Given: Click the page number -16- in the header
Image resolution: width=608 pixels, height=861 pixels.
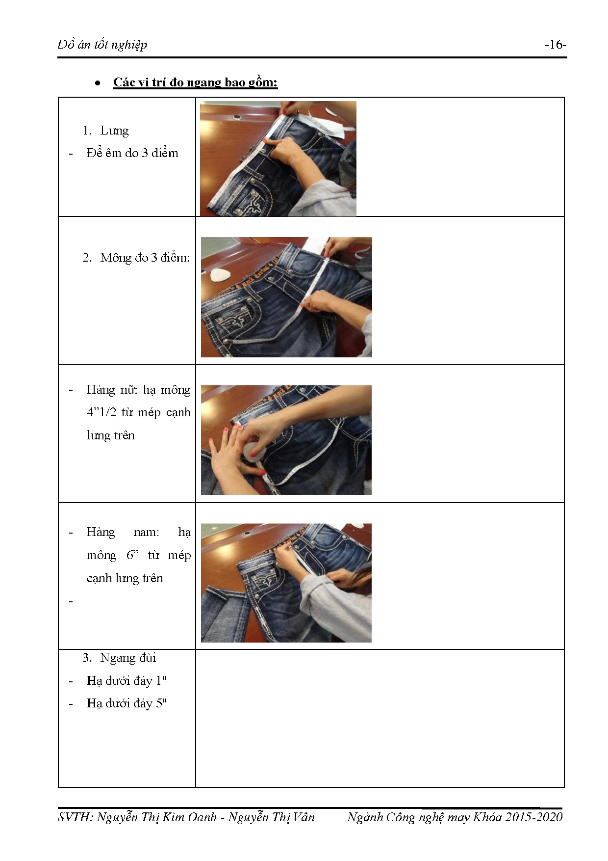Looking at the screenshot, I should [555, 45].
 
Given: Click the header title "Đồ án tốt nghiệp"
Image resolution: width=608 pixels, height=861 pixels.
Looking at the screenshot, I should [102, 45].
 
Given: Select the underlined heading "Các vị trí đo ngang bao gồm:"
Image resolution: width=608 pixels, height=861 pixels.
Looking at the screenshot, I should [195, 82].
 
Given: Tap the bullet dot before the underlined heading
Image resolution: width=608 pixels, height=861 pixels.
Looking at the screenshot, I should [98, 83].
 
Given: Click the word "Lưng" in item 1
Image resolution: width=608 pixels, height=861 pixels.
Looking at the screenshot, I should [114, 131].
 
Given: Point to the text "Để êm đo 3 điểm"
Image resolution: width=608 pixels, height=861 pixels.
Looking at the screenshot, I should [132, 153].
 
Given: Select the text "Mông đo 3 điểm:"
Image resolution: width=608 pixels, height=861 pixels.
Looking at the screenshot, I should [145, 258].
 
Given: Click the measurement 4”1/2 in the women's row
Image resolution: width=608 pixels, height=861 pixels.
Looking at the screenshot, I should [101, 412].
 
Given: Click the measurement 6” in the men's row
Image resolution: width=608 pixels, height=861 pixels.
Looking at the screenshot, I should [132, 555].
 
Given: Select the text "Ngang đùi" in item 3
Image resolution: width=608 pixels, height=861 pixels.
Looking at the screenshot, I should [128, 658].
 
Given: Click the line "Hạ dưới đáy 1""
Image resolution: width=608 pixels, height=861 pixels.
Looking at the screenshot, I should [127, 681].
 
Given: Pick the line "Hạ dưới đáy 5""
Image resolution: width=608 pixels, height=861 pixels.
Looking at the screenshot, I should [127, 703].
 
